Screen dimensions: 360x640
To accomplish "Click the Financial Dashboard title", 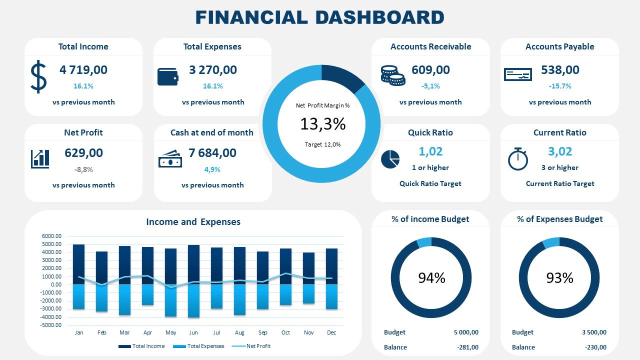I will pos(319,17).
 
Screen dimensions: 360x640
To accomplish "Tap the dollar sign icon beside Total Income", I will pos(38,77).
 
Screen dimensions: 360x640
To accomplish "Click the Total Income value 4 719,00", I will pos(83,70).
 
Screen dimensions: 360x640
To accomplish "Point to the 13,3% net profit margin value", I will pos(322,123).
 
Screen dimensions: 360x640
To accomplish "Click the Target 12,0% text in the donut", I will pos(322,144).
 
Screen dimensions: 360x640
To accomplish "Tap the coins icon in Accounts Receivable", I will pos(392,74).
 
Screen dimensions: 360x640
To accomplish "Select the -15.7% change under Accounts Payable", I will pos(560,86).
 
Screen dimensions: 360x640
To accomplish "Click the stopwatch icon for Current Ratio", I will pos(517,158).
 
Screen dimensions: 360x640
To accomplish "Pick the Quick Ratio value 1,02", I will pos(430,151).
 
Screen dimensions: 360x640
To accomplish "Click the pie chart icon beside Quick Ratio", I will pos(390,159).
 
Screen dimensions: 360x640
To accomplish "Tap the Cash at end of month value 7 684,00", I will pos(212,153).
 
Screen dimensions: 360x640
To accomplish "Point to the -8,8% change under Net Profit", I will pos(83,169).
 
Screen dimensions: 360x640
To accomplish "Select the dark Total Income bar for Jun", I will pos(193,264).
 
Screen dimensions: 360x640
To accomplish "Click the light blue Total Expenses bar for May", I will pos(170,300).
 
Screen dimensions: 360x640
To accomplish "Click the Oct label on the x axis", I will pos(285,332).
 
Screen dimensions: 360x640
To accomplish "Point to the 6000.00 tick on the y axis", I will pos(51,236).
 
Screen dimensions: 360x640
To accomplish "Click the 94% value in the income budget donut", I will pos(431,278).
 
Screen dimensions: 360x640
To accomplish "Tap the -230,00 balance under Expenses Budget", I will pos(595,347).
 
